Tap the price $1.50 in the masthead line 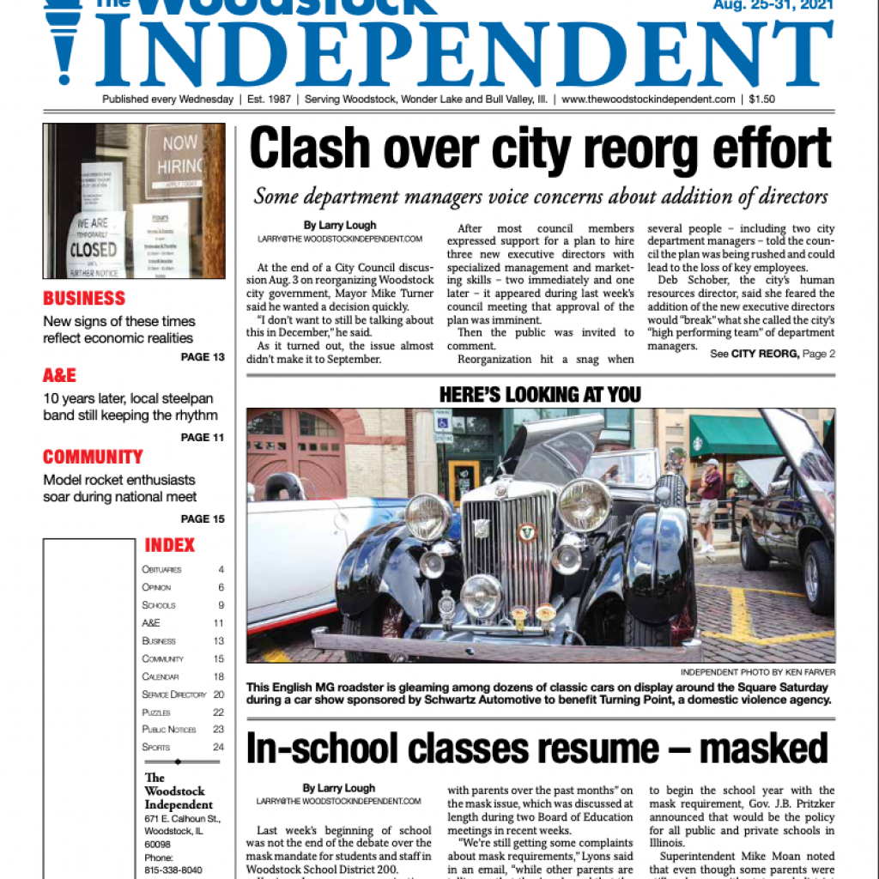click(761, 100)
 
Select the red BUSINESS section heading click(84, 299)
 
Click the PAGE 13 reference click(203, 357)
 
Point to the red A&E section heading click(59, 376)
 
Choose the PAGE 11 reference click(203, 438)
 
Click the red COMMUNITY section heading click(93, 457)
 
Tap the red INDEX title click(169, 545)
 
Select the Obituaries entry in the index click(161, 570)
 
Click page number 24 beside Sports click(218, 747)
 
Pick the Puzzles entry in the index click(156, 712)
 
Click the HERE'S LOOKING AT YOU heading click(540, 395)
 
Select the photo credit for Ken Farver click(758, 672)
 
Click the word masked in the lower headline click(763, 749)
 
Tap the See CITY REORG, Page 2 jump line click(773, 354)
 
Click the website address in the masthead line click(648, 100)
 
